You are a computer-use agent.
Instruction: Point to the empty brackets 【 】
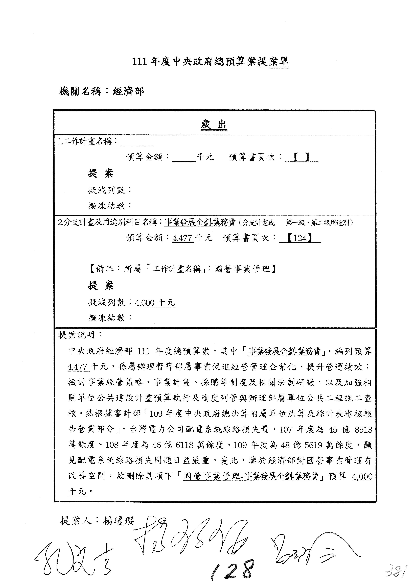[302, 157]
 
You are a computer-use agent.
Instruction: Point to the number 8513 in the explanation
[363, 429]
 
